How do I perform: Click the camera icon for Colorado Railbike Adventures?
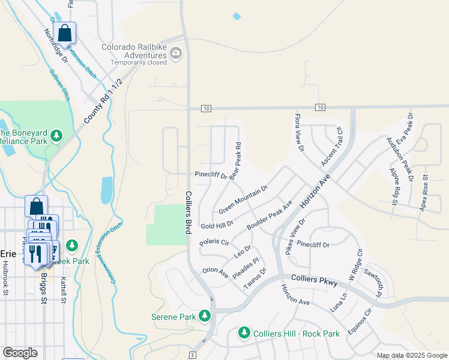coord(176,55)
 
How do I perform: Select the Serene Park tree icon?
coord(205,315)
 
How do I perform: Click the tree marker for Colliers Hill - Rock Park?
coord(244,332)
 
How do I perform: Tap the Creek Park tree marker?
coord(71,245)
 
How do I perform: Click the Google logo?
coord(20,353)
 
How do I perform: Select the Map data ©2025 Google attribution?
coord(412,355)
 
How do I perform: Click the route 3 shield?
coord(192,355)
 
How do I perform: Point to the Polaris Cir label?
coord(214,242)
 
